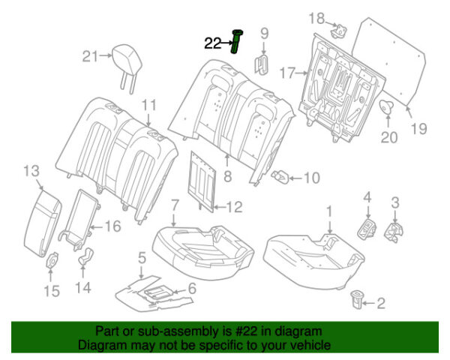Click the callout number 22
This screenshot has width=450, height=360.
click(x=212, y=43)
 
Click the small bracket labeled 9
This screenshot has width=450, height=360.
click(x=263, y=63)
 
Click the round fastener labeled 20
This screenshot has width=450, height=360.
click(x=388, y=107)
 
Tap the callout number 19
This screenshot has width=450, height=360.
click(x=418, y=128)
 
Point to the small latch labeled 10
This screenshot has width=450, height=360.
click(x=281, y=177)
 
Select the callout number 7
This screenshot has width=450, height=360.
click(x=174, y=204)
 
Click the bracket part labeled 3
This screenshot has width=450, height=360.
click(x=392, y=232)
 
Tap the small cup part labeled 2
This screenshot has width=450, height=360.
click(x=357, y=298)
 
